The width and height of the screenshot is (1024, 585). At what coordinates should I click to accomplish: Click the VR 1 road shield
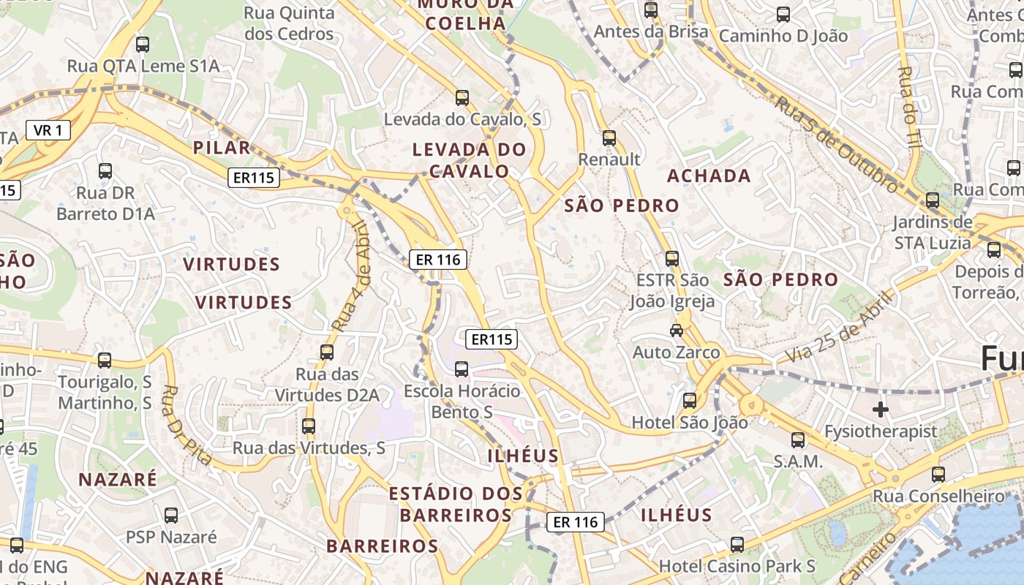pos(48,131)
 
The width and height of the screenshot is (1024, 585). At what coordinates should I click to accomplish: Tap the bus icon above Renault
pos(609,137)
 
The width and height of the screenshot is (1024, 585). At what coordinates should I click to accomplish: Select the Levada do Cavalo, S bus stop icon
pos(462,97)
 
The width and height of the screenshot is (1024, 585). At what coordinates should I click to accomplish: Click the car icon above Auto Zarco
pos(677,331)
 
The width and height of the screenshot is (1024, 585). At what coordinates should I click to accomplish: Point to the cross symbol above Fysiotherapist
pos(881,409)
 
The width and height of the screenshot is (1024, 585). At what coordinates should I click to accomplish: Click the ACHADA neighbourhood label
pos(709,175)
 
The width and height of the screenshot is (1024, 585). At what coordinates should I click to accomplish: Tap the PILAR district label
pos(222,148)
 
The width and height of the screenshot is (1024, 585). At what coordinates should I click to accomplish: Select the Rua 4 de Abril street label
pos(353,276)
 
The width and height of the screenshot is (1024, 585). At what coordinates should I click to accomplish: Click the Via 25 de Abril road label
pos(840,326)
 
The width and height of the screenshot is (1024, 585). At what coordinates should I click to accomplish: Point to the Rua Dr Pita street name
pos(187,426)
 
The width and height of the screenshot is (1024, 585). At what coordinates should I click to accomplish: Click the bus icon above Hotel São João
pos(689,400)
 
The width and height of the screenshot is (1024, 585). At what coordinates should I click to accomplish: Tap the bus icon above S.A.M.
pos(798,440)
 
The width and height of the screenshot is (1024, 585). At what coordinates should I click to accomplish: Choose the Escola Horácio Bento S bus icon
pos(462,369)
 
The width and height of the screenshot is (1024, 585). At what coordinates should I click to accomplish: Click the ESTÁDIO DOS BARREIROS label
pos(455,504)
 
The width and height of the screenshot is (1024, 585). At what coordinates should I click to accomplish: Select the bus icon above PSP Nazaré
pos(170,515)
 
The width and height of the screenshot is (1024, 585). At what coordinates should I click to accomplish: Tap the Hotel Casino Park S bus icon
pos(737,544)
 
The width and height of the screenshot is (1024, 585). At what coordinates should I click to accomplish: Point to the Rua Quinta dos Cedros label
pos(289,23)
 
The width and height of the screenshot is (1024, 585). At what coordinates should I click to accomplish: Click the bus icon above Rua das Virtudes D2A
pos(326,352)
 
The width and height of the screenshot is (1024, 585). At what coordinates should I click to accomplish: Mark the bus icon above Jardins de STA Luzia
pos(932,200)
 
